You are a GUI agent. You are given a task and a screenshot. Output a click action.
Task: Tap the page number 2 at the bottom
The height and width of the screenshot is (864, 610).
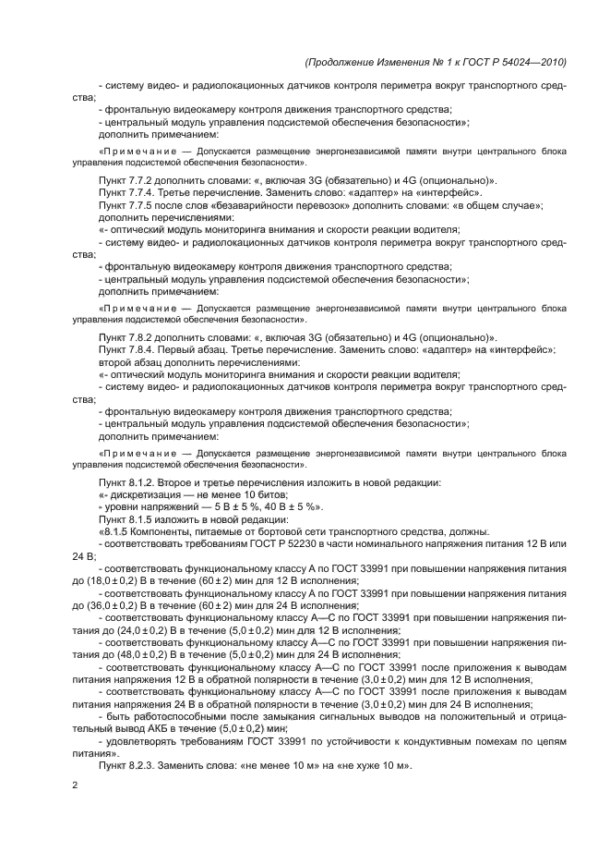(76, 785)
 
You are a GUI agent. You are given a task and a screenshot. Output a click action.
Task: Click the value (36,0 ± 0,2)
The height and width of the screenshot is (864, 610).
(122, 603)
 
